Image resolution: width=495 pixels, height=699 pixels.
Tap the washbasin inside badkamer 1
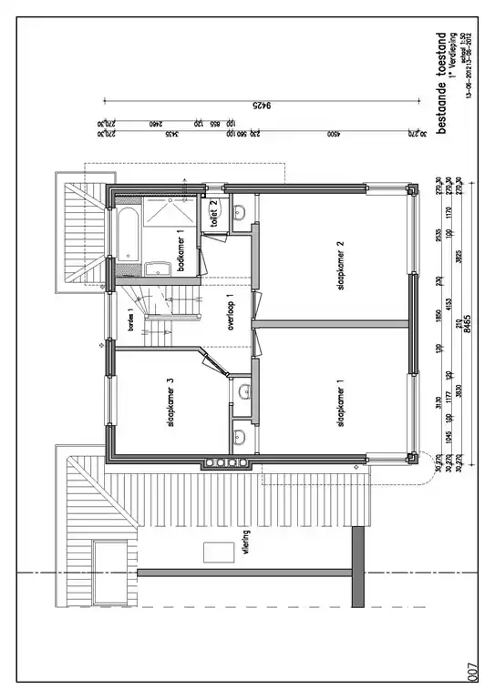[157, 268]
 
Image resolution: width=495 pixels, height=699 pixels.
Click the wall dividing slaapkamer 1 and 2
[333, 324]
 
